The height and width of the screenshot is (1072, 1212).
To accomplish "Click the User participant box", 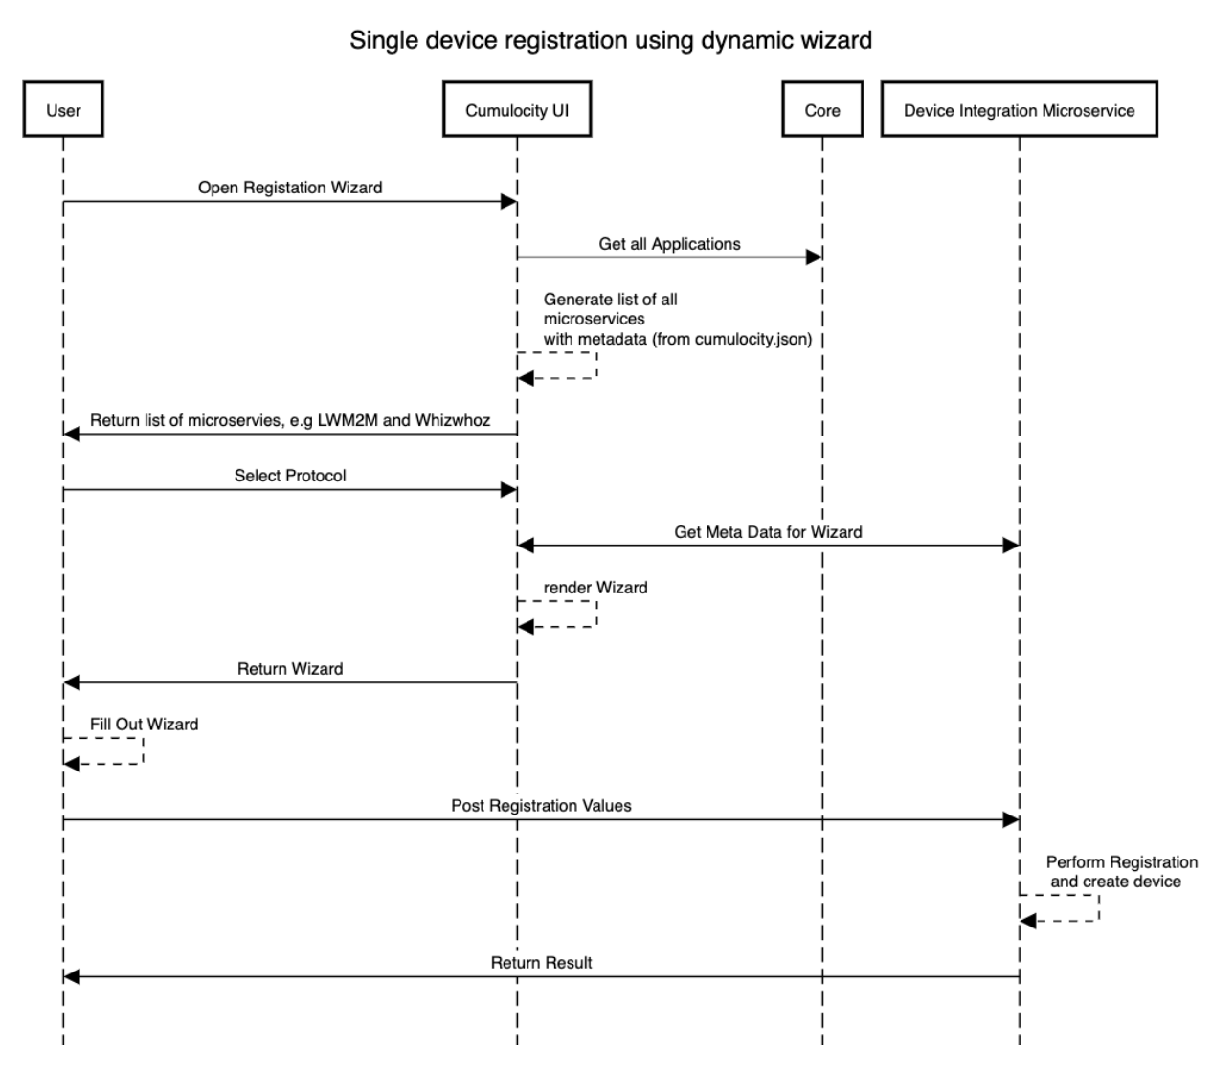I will coord(63,110).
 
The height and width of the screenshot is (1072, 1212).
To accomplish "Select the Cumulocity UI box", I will coord(517,110).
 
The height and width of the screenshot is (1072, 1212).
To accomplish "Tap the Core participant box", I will coord(822,110).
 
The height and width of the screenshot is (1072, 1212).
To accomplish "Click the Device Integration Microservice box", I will coord(1019,110).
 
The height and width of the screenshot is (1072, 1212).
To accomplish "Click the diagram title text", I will coord(610,40).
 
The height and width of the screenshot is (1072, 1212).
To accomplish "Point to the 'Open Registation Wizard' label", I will coord(290,188).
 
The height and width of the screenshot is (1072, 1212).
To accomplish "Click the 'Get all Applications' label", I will coord(669,244).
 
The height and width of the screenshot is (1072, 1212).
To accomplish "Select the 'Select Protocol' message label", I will coord(290,476).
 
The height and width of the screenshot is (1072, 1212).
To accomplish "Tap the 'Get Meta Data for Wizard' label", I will coord(768,532).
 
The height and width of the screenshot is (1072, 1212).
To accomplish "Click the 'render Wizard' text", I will coord(595,588).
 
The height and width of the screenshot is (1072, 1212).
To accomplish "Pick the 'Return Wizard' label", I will coord(290,669).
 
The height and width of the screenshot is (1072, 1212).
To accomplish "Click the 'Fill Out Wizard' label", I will coord(144,725).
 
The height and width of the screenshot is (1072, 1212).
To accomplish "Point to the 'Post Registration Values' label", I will coord(541,806).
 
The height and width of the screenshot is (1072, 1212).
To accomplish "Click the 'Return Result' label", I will coord(541,963).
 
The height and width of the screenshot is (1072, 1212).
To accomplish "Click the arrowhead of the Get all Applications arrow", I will coord(815,257).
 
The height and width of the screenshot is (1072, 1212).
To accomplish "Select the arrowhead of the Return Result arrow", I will coord(72,976).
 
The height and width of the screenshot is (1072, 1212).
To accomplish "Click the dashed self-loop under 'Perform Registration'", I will coord(1097,908).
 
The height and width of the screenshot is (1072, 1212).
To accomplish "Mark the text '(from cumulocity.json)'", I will coord(731,339).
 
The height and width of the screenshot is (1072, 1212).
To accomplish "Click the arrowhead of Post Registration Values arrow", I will coord(1011,820).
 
